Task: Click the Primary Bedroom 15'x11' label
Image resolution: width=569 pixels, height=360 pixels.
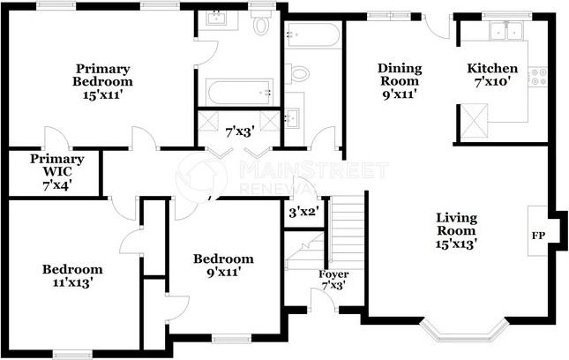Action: coord(103,81)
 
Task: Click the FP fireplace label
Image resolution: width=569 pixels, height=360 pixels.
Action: coord(537,236)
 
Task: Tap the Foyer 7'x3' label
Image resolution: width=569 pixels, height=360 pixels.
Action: coord(333,281)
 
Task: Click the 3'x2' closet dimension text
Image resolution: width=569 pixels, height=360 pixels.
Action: coord(303,212)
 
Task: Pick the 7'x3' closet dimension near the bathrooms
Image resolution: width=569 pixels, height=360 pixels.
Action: coord(240,131)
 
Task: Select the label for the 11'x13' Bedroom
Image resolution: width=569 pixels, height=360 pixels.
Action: coord(73,276)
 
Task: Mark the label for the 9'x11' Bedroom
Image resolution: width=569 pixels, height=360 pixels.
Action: coord(223,266)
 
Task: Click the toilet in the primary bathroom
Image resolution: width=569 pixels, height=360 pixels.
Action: coord(261,25)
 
